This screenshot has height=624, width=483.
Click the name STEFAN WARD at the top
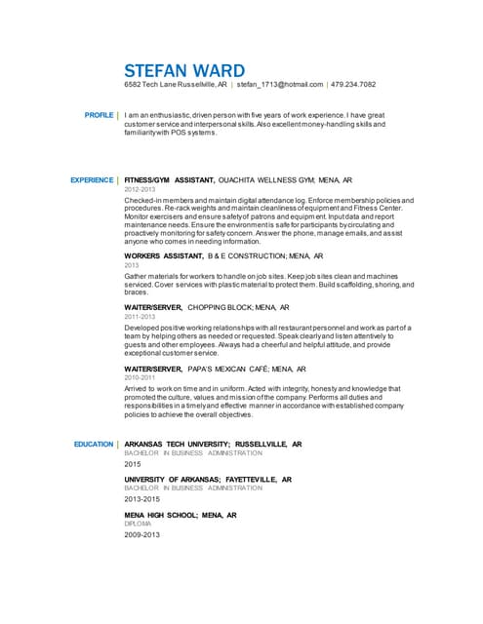coord(185,70)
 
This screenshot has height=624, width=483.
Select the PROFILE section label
coord(99,115)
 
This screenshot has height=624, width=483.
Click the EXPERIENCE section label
coord(93,180)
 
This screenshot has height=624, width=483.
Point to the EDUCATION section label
coord(94,444)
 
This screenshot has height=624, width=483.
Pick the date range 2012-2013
coord(141,190)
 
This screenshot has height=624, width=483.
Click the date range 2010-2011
coord(140,379)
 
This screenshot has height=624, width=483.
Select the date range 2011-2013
coord(140,317)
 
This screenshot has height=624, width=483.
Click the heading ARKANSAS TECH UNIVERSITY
coord(177,444)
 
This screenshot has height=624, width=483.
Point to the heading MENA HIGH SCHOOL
coord(162,515)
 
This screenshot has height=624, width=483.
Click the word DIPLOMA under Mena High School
coord(138,524)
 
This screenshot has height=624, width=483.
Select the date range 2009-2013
coord(141,535)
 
